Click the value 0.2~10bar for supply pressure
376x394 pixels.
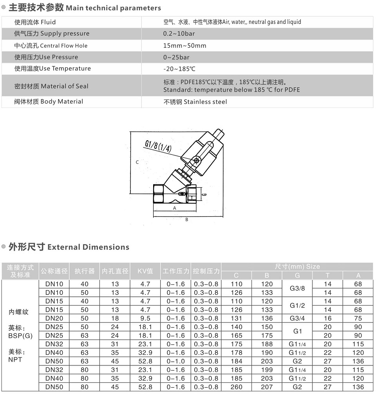click(x=179, y=34)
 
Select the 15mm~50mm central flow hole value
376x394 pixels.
click(x=185, y=45)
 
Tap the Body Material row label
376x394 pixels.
click(x=49, y=101)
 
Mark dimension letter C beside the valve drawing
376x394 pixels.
click(x=137, y=162)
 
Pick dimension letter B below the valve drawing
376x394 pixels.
click(x=187, y=219)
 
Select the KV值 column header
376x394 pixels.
click(x=145, y=271)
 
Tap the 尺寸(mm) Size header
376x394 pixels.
click(x=297, y=266)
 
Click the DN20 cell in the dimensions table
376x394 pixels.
click(x=54, y=318)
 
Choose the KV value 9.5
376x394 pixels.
click(x=145, y=318)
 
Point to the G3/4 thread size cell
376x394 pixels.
click(x=297, y=318)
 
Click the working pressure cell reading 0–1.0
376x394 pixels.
click(x=176, y=361)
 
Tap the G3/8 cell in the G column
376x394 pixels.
click(x=297, y=288)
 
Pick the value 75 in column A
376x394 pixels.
click(x=358, y=318)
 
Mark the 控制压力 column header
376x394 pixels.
click(x=206, y=271)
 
